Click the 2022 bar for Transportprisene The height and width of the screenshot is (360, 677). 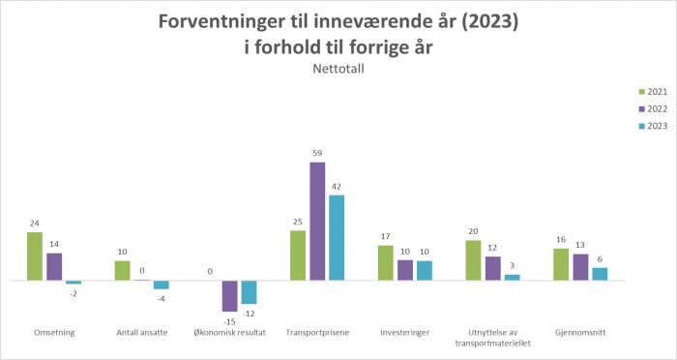point(317,222)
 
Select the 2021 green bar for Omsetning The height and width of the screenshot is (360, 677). point(35,256)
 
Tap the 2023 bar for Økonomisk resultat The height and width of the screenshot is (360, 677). point(249,292)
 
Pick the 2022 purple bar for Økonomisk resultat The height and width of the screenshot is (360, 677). point(229,296)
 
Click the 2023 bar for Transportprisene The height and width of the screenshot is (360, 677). point(337,238)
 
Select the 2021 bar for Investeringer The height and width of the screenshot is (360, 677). point(386,263)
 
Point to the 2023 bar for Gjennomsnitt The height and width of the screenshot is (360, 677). point(600,274)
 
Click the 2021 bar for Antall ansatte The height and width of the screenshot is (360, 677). point(122,271)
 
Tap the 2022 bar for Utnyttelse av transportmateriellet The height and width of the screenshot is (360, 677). point(492,268)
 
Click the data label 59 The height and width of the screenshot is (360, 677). point(317,154)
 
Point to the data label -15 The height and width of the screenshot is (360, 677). point(229,321)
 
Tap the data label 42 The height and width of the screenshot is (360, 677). point(337,187)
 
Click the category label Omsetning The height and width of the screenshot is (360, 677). point(54,333)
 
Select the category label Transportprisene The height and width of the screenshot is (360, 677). point(317,333)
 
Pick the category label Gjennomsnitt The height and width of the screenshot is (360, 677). point(580,333)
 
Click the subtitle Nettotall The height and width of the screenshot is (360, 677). point(338,68)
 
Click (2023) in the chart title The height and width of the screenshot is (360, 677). point(484,21)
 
